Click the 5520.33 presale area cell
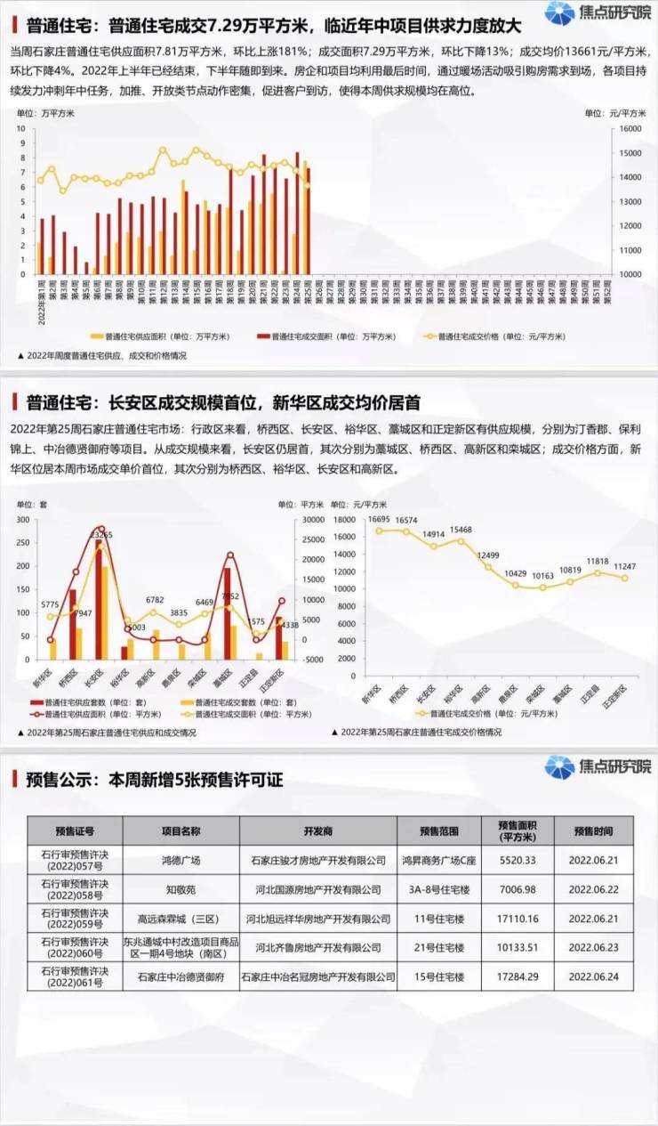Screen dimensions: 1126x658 tap(517, 861)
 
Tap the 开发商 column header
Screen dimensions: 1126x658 tap(317, 831)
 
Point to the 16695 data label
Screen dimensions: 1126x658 tap(380, 518)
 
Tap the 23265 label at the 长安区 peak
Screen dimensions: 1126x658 tap(103, 535)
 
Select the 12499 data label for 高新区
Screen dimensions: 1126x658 tap(487, 555)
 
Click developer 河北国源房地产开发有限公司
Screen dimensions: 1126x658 tap(317, 889)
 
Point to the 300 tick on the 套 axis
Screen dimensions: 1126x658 tap(23, 520)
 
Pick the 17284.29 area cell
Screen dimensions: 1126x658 tap(517, 976)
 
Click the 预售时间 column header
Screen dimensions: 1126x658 tap(593, 831)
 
